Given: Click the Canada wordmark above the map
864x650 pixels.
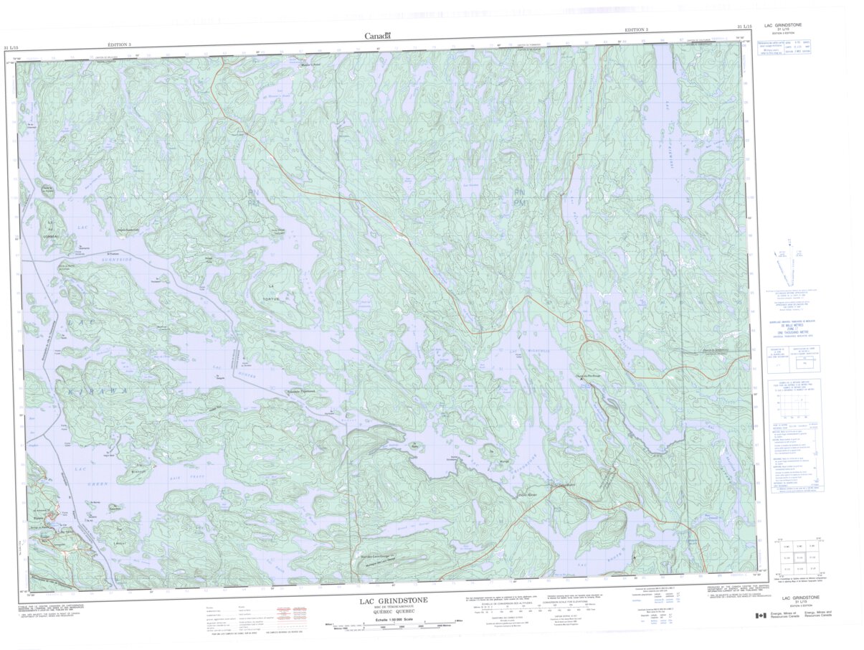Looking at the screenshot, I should tap(377, 36).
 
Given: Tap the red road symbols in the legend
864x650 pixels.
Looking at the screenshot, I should tap(286, 614).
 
